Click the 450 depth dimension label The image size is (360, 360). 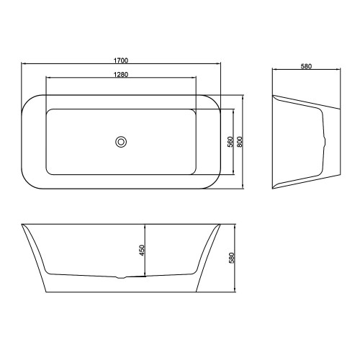click(x=143, y=250)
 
